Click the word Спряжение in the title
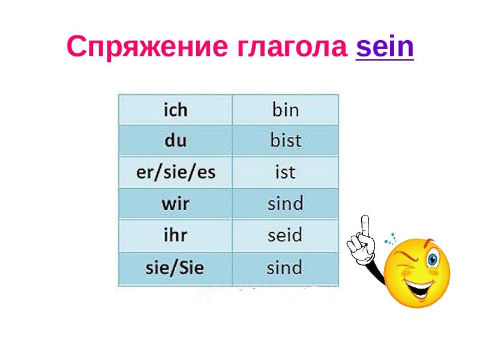click(x=147, y=47)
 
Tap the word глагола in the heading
click(x=292, y=47)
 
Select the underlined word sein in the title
click(x=385, y=47)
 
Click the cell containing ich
click(x=175, y=110)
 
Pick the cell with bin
click(x=286, y=110)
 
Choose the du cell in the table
click(x=175, y=140)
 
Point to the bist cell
click(x=286, y=140)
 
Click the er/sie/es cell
click(x=175, y=172)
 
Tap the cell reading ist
click(x=286, y=172)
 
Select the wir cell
click(x=175, y=203)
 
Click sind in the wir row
click(x=286, y=203)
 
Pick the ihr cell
click(x=175, y=235)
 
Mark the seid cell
click(x=286, y=235)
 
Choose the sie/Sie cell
click(x=175, y=268)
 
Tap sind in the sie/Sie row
click(x=286, y=268)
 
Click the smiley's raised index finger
click(x=365, y=228)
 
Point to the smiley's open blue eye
click(x=432, y=260)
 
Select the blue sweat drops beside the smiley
click(x=391, y=239)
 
